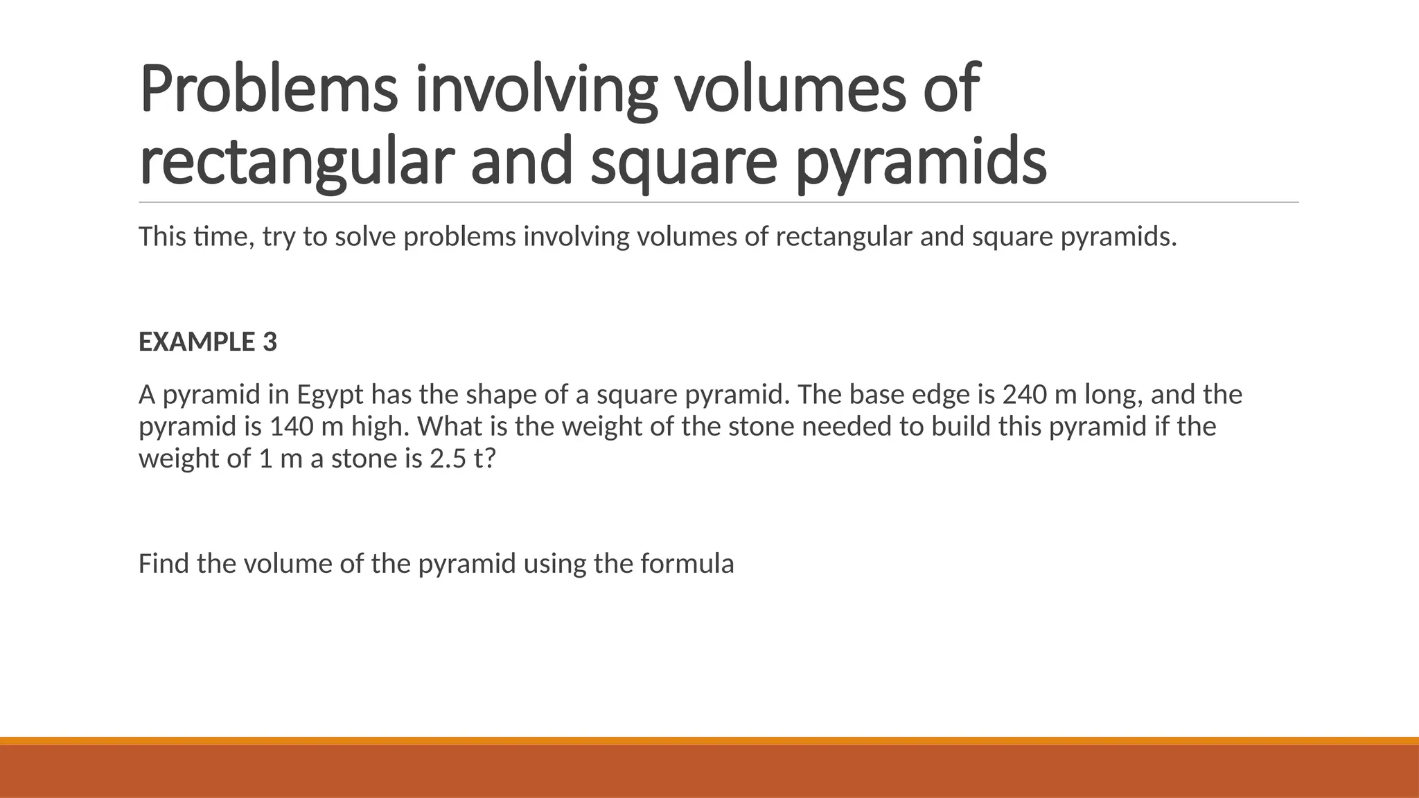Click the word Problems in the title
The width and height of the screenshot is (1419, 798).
(x=269, y=90)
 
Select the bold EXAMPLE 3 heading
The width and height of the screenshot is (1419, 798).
(x=208, y=342)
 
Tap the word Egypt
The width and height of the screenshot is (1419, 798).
(x=330, y=395)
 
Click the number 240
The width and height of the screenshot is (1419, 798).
(x=1025, y=395)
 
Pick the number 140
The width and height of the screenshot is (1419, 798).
(x=292, y=427)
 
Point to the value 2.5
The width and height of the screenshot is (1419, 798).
(x=448, y=459)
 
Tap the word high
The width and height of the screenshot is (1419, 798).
(x=380, y=427)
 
